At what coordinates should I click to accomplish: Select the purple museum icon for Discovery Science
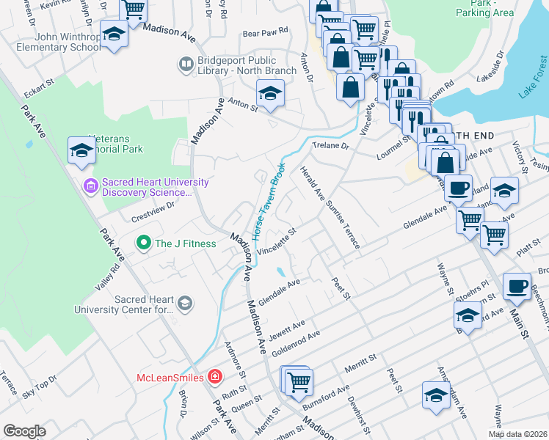(x=90, y=187)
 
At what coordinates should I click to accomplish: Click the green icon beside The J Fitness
(x=143, y=243)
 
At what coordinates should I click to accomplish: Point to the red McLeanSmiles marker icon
(x=214, y=377)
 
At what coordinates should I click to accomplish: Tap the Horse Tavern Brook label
(x=269, y=199)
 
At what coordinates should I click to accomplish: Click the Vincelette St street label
(x=277, y=241)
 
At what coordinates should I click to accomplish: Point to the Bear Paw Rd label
(x=265, y=34)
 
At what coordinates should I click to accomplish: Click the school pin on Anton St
(x=270, y=95)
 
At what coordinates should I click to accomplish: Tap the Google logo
(x=24, y=431)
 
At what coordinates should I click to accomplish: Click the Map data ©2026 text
(x=517, y=434)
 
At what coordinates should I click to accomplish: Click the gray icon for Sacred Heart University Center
(x=186, y=303)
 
